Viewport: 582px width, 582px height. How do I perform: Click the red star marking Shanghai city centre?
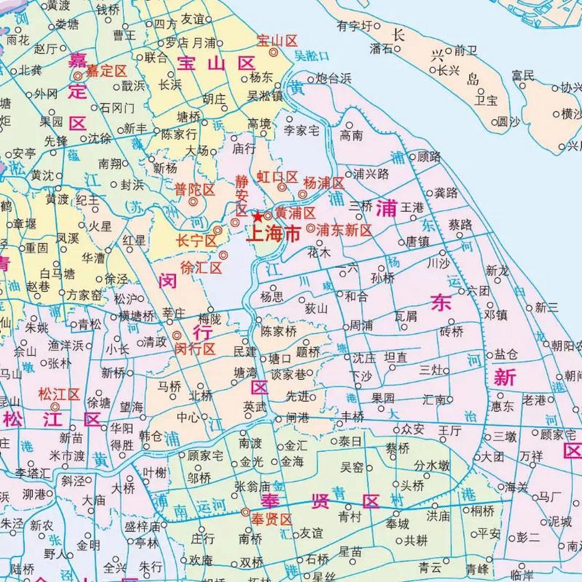[258, 216]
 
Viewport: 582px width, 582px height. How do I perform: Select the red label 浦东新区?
[344, 230]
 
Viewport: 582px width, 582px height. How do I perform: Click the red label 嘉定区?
[106, 71]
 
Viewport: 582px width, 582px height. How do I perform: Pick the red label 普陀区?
[195, 189]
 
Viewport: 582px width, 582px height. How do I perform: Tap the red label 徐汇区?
[201, 267]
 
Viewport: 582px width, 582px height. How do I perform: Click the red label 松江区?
[59, 394]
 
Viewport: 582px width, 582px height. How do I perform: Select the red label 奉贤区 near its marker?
[271, 519]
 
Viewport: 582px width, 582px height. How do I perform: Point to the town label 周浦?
[361, 326]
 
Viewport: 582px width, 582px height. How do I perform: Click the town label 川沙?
[437, 263]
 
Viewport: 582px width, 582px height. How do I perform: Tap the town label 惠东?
[502, 406]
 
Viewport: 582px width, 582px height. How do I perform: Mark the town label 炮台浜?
[333, 79]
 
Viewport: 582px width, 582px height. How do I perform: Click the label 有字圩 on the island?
[355, 26]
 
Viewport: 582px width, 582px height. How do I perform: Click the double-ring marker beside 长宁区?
[218, 230]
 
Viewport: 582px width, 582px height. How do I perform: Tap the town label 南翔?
[110, 164]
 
